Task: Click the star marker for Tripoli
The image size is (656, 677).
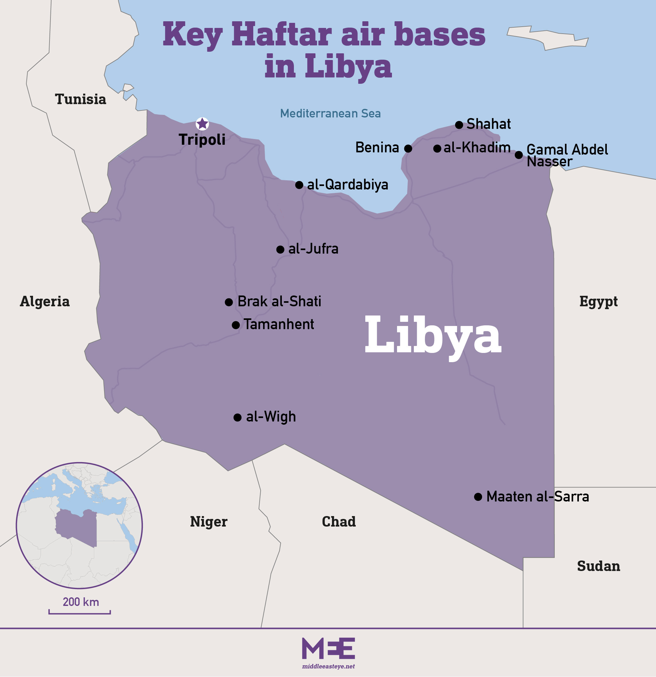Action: point(202,124)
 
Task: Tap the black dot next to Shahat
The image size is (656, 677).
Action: point(459,125)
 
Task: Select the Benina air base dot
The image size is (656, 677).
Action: point(408,149)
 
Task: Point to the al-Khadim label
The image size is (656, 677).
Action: point(477,148)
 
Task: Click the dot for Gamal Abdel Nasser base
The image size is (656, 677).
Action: point(519,155)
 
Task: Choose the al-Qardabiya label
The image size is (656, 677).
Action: point(348,184)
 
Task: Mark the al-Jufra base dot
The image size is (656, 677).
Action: point(280,249)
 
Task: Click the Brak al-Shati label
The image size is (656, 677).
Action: point(279,301)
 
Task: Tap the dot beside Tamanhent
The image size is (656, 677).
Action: point(235,325)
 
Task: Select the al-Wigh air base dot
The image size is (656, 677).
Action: point(237,417)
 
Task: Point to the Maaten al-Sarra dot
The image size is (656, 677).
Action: point(478,497)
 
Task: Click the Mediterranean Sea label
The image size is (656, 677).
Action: point(330,113)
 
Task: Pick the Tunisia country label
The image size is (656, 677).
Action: point(81,99)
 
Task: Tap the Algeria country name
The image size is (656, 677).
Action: point(44,301)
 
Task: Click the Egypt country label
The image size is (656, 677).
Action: point(598,301)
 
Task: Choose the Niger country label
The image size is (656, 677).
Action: point(209,521)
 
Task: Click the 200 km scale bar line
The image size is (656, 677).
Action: point(79,614)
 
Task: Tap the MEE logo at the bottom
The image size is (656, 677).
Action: point(328,648)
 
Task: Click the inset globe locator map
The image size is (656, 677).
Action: point(79,525)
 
